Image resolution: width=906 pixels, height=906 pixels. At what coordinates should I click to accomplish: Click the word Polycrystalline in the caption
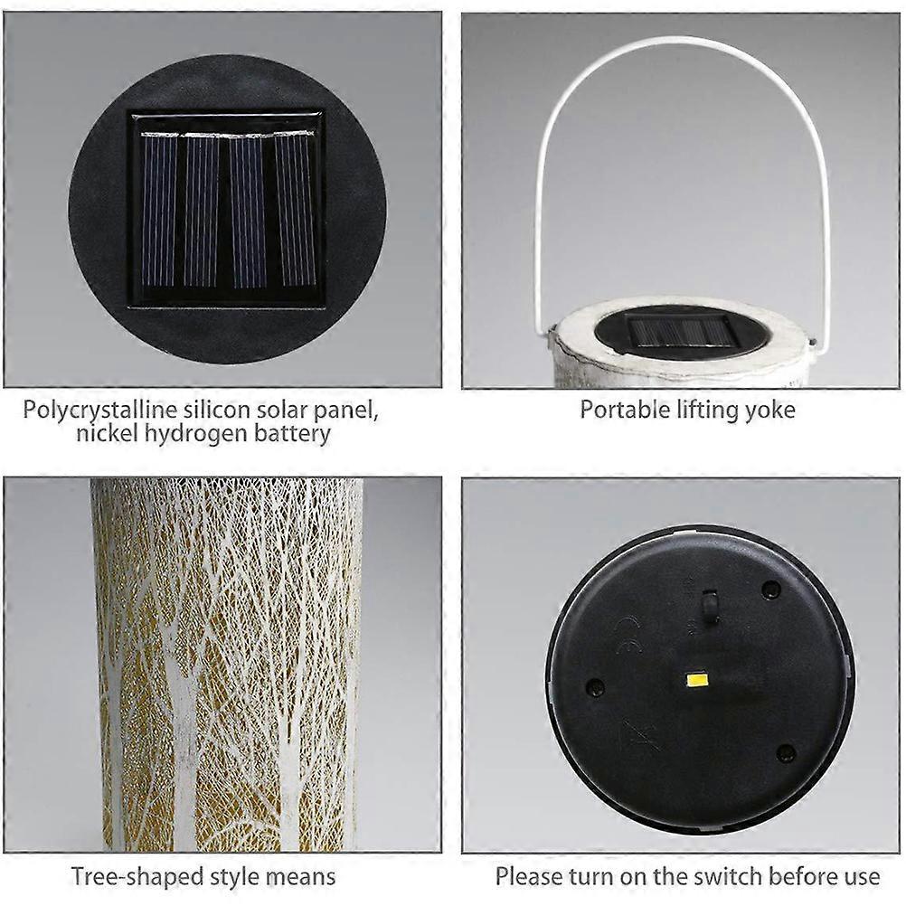click(99, 411)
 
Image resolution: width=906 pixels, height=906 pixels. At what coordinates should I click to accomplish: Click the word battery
click(292, 434)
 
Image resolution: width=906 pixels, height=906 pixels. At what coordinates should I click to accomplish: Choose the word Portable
click(625, 410)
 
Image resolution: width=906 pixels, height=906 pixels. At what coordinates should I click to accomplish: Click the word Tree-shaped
click(137, 877)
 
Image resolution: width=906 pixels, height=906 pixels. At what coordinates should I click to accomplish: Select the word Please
click(529, 876)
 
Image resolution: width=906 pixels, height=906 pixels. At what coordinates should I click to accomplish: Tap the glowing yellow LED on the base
click(698, 680)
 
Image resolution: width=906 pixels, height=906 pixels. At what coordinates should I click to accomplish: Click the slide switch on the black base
click(710, 607)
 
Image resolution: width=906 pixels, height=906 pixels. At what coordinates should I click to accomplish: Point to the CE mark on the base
click(628, 636)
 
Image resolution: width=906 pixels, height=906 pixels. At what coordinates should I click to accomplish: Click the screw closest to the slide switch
click(770, 590)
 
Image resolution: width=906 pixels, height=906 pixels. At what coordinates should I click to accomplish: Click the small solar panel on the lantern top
click(683, 332)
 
